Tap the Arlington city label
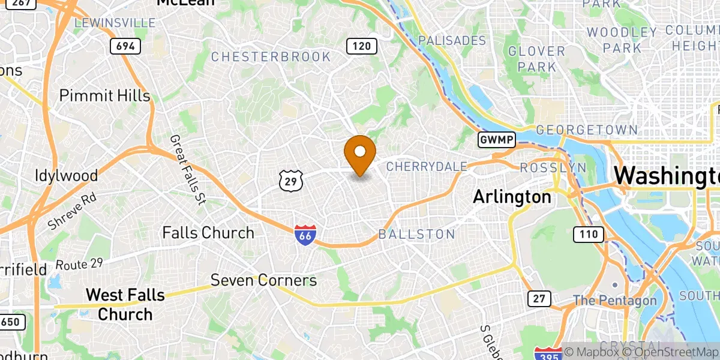512,196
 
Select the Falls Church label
208,233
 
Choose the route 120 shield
362,46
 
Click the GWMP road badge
497,140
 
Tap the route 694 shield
125,46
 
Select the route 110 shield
588,235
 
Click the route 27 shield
538,298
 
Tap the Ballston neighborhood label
416,234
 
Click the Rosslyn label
553,167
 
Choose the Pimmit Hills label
104,96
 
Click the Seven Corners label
263,280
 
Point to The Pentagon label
614,300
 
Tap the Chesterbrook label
271,57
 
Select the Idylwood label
66,176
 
